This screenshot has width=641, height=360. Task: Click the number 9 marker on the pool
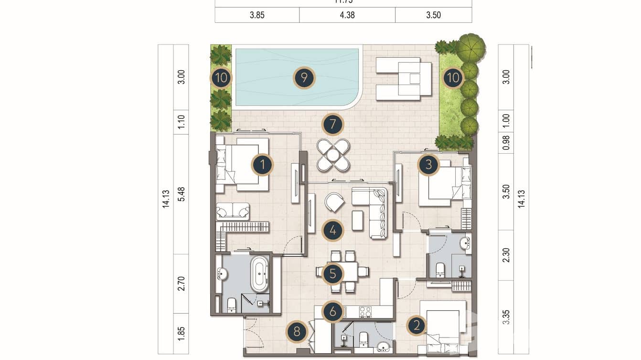[304, 77]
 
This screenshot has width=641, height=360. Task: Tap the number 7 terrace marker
[332, 125]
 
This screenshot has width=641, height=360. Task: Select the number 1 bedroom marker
[262, 165]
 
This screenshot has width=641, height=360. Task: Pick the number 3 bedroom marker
[428, 165]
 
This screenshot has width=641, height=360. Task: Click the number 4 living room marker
[332, 231]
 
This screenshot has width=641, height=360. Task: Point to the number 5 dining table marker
[332, 274]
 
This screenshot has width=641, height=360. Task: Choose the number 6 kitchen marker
[332, 312]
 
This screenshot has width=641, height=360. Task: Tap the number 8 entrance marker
[297, 332]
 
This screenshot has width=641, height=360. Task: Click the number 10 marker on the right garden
[452, 77]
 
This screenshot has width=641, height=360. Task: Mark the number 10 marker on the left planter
[221, 77]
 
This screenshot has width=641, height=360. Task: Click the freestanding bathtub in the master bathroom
[259, 274]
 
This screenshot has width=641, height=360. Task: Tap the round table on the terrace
[333, 155]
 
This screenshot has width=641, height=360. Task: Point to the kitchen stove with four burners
[365, 312]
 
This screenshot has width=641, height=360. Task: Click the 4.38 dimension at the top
[347, 15]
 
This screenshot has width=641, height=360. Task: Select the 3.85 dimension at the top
[257, 15]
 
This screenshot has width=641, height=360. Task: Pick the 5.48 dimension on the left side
[181, 193]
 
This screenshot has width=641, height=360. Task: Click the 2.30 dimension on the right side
[506, 255]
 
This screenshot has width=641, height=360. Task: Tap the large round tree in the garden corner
[470, 48]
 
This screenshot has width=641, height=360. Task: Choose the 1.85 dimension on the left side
[181, 333]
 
